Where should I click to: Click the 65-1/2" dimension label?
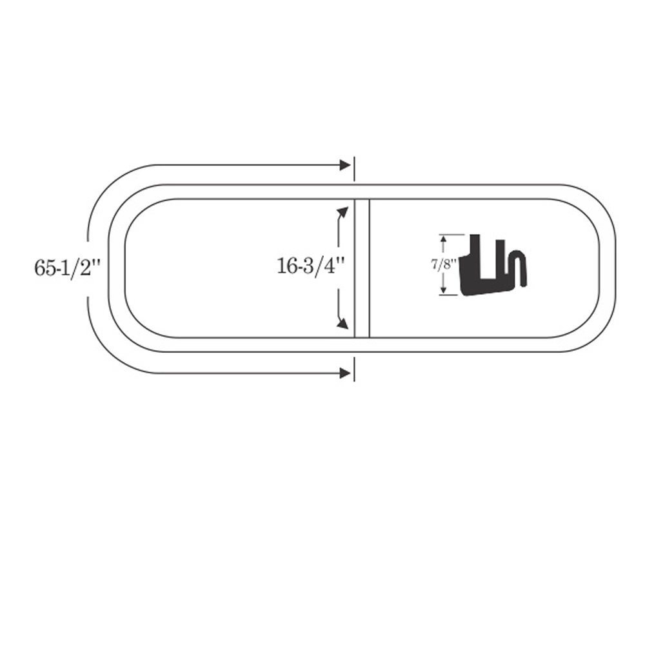click(68, 268)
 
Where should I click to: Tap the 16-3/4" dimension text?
click(310, 266)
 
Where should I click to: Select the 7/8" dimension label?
click(444, 264)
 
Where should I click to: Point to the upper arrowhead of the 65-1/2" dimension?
click(345, 165)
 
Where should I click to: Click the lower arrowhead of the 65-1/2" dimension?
click(345, 373)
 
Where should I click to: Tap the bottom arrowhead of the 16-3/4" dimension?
click(342, 323)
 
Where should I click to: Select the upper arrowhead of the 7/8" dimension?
click(443, 239)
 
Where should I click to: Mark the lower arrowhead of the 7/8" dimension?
click(443, 290)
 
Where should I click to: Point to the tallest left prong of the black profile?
click(475, 255)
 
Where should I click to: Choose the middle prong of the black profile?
click(500, 259)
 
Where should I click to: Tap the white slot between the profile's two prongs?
click(488, 259)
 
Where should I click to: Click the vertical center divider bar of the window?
click(362, 268)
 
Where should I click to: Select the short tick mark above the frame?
click(354, 168)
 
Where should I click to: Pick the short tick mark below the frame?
click(354, 369)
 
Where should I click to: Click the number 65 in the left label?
click(43, 268)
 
